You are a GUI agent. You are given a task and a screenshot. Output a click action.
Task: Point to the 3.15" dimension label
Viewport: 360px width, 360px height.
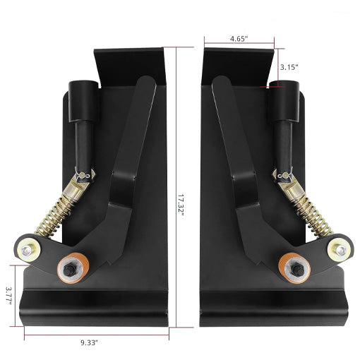[289, 67]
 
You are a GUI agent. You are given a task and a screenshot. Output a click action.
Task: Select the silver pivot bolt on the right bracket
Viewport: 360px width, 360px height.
[339, 248]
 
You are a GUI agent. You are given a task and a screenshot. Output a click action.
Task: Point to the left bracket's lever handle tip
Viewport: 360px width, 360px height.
[145, 85]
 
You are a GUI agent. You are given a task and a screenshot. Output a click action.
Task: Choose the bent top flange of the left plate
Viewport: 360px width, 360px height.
[131, 64]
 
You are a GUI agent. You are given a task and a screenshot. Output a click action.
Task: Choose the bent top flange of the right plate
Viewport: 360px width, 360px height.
[236, 64]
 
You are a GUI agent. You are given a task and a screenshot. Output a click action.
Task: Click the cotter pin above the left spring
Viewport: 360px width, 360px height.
[84, 174]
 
